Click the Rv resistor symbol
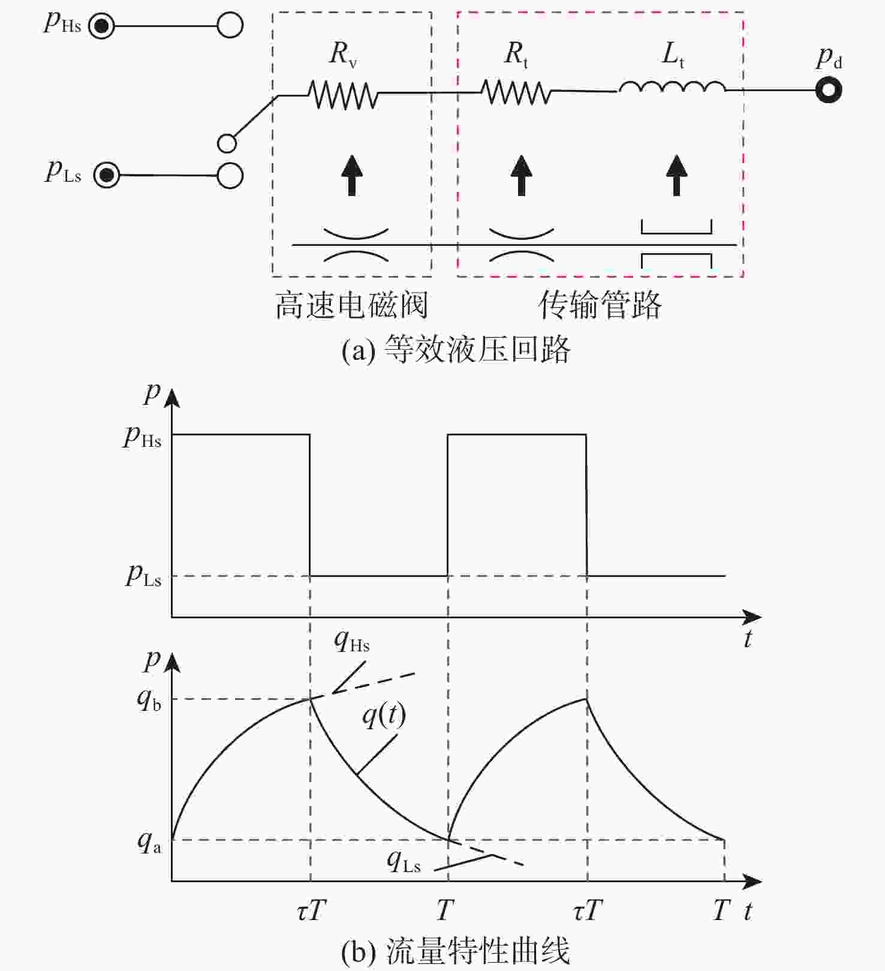click(x=343, y=94)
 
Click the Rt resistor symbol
click(x=516, y=92)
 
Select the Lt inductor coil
click(x=672, y=88)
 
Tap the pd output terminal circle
click(x=829, y=90)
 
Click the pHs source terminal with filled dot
click(x=101, y=26)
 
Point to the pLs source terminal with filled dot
click(x=107, y=175)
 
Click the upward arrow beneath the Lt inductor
click(x=677, y=175)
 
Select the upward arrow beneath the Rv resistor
click(x=352, y=175)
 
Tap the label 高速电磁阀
click(x=351, y=305)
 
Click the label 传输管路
click(x=600, y=305)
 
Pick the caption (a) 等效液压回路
click(x=456, y=349)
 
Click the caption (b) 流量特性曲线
click(x=455, y=951)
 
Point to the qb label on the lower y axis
click(x=149, y=699)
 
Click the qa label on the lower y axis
click(x=149, y=842)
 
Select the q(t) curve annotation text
click(x=384, y=715)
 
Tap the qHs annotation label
click(x=352, y=641)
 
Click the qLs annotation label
click(x=404, y=861)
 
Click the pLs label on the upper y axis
click(x=144, y=576)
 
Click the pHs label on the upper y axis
click(x=142, y=437)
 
